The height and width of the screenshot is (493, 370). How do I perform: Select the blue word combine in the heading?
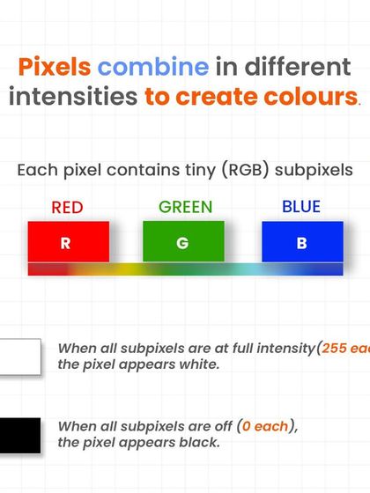pyautogui.click(x=153, y=68)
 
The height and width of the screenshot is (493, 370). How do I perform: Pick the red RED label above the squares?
pyautogui.click(x=68, y=209)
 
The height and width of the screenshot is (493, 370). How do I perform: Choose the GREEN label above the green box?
pyautogui.click(x=185, y=208)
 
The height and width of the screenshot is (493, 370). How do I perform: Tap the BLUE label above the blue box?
pyautogui.click(x=301, y=208)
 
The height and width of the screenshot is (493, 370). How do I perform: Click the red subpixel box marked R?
pyautogui.click(x=68, y=242)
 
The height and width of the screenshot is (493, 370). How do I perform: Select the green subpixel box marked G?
pyautogui.click(x=182, y=242)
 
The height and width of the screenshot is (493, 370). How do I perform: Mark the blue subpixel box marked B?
pyautogui.click(x=302, y=242)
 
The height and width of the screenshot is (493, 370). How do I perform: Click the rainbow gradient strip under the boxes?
pyautogui.click(x=185, y=269)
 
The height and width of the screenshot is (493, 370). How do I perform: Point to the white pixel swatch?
pyautogui.click(x=19, y=357)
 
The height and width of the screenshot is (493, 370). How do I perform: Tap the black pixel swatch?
pyautogui.click(x=19, y=435)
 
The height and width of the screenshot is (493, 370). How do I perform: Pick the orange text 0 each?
pyautogui.click(x=265, y=426)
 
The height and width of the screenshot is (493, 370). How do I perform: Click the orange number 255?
pyautogui.click(x=335, y=348)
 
